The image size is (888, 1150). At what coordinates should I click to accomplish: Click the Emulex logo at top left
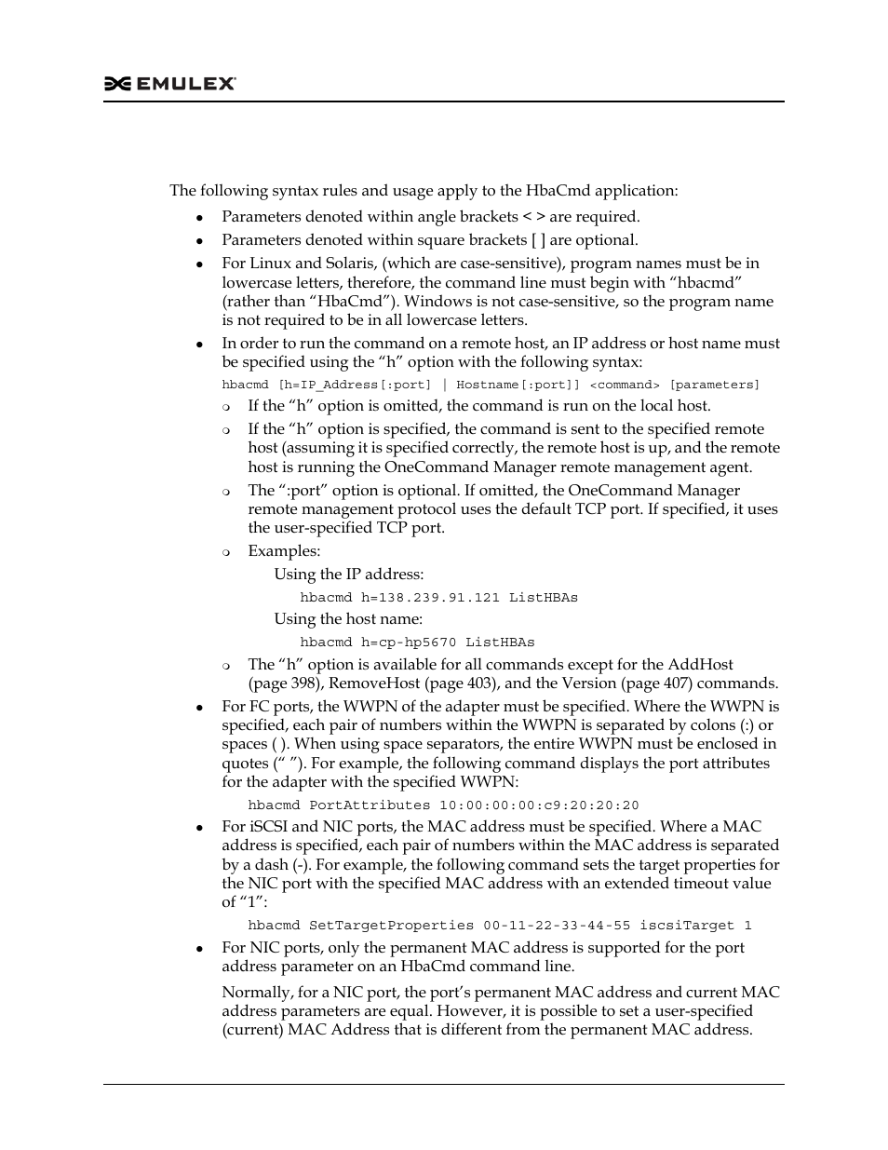point(169,84)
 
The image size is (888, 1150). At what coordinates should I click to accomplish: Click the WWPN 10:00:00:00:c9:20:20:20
point(539,805)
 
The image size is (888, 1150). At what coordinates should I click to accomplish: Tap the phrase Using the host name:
point(348,619)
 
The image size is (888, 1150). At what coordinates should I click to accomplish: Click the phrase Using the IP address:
point(348,575)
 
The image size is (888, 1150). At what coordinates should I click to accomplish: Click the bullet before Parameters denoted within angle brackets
point(199,218)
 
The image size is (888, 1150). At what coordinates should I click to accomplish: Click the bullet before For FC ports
point(199,708)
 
